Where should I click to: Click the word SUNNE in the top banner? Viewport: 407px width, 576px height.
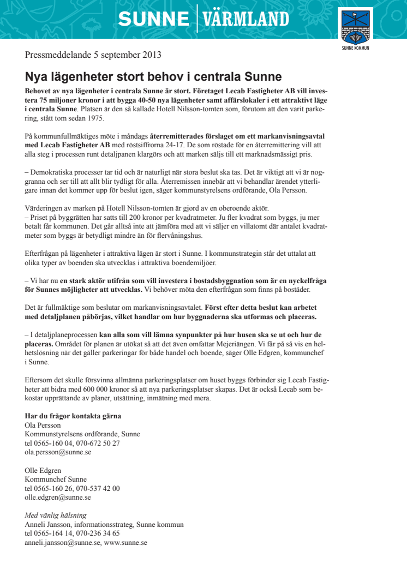pos(153,19)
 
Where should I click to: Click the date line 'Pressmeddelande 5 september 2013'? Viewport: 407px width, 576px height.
pos(93,55)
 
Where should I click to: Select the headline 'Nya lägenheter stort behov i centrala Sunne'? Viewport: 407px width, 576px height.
pos(153,76)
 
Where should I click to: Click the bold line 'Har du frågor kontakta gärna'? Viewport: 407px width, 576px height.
pos(73,416)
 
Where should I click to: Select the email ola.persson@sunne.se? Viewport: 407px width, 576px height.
pos(58,452)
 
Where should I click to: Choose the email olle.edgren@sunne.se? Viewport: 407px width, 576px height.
pos(58,497)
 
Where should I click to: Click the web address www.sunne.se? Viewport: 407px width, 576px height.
pos(126,543)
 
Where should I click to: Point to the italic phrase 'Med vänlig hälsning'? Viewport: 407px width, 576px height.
pos(56,515)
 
